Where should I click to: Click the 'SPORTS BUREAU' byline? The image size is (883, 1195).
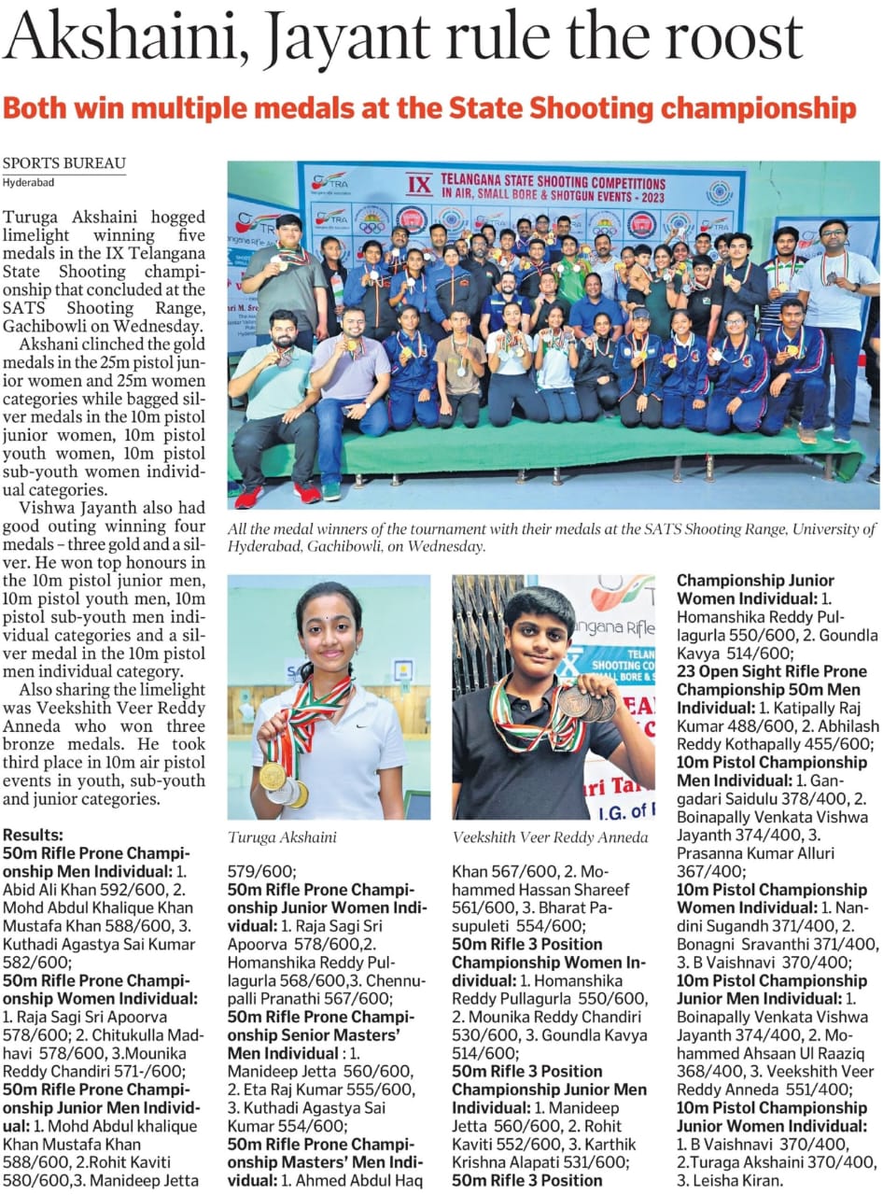click(x=63, y=163)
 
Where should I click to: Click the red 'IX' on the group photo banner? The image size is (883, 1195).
click(x=421, y=184)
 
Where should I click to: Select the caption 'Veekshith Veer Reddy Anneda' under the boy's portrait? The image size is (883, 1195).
click(x=550, y=836)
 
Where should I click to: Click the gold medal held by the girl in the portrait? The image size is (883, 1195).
click(x=272, y=775)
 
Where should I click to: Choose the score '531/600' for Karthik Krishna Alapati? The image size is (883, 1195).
click(x=585, y=1162)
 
